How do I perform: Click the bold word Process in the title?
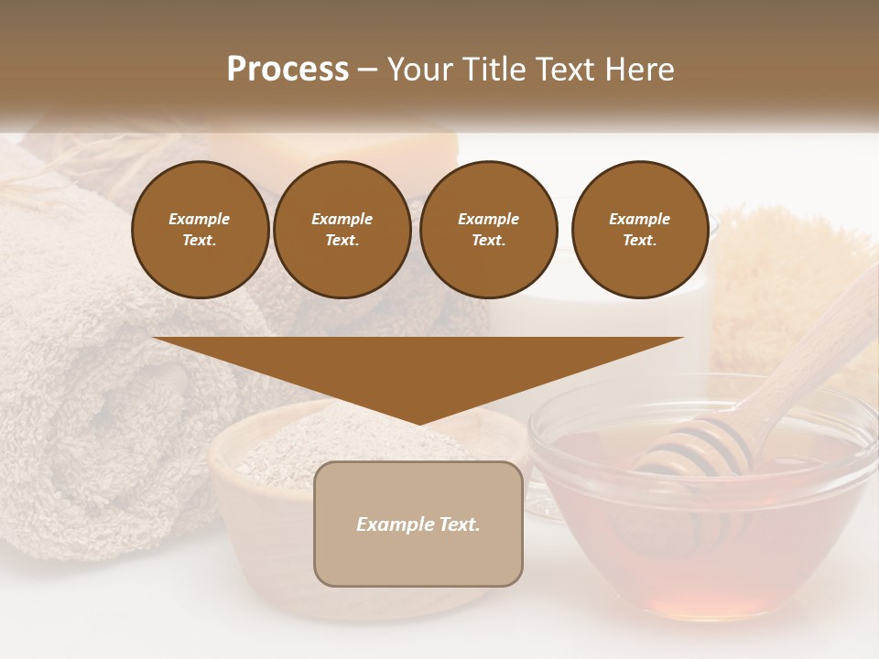click(288, 70)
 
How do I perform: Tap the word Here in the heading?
click(637, 70)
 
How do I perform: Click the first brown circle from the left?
click(200, 229)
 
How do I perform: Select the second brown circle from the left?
click(342, 229)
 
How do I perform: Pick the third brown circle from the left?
click(488, 229)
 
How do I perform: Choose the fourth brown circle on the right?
click(639, 229)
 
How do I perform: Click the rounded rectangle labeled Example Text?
click(418, 524)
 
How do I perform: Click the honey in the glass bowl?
click(714, 549)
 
